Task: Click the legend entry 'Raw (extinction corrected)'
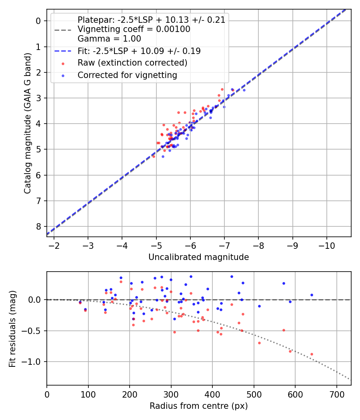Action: click(132, 63)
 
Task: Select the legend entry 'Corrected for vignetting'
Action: click(127, 75)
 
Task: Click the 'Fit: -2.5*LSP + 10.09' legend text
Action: click(139, 51)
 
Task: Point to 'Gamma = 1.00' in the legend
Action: click(109, 39)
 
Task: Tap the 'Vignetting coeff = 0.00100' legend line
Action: click(134, 29)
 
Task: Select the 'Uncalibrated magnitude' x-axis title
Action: click(199, 257)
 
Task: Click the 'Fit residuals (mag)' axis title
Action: click(13, 328)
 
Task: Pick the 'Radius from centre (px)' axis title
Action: click(199, 406)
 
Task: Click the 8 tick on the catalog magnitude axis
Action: click(38, 226)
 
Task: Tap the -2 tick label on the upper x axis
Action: click(54, 245)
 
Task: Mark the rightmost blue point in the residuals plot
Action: click(312, 295)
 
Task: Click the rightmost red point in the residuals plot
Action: click(312, 354)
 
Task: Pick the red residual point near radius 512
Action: click(259, 343)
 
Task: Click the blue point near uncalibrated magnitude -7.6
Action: click(244, 90)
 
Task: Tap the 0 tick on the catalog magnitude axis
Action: click(38, 21)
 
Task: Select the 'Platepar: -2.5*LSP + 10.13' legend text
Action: click(151, 20)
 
